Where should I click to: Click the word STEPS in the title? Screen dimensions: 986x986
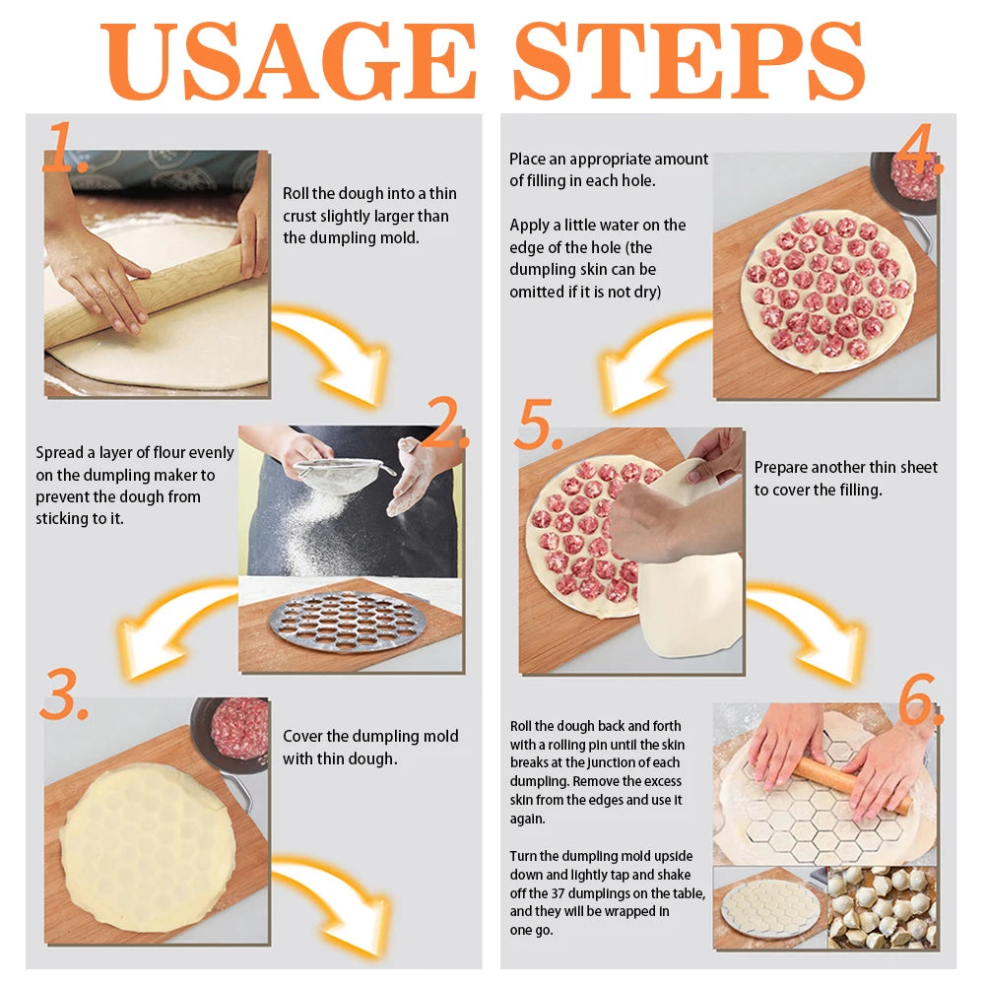[x=690, y=60]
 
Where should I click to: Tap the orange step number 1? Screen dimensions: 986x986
[x=64, y=147]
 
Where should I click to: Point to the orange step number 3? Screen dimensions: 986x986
[x=63, y=694]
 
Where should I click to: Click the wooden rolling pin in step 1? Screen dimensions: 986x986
[x=144, y=296]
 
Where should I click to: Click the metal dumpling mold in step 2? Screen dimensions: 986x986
[x=347, y=623]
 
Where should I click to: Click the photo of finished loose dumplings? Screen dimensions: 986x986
[x=882, y=907]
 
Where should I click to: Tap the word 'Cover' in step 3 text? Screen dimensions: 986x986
[x=301, y=736]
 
